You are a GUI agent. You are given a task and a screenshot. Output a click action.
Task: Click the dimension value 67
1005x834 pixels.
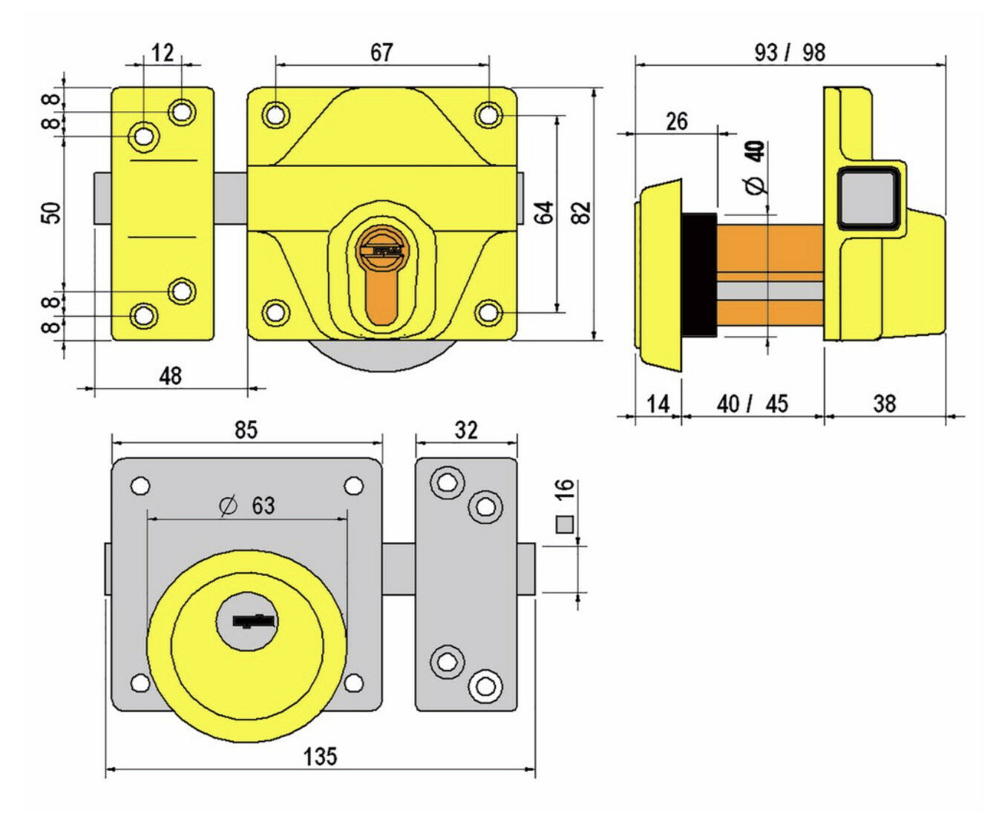pos(381,53)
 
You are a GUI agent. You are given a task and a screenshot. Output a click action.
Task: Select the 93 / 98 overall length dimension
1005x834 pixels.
pos(789,53)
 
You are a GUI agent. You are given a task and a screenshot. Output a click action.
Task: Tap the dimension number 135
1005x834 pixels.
pos(320,757)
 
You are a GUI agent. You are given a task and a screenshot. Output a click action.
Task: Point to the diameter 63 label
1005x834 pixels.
pos(248,506)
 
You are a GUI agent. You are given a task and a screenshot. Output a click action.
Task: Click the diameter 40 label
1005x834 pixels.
pos(756,167)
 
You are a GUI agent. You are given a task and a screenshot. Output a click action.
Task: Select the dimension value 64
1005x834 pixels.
pos(544,212)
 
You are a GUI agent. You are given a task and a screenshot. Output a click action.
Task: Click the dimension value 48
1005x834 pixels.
pos(170,376)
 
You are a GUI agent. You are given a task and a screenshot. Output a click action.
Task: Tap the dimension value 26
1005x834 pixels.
pos(676,121)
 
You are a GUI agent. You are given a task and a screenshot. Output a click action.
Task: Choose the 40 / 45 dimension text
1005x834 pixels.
pos(752,404)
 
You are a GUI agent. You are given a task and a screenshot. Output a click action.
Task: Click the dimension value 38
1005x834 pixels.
pos(884,404)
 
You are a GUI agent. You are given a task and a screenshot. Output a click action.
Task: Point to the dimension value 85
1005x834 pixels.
pos(246,430)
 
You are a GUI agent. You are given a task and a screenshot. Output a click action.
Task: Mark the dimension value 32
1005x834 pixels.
pos(466,430)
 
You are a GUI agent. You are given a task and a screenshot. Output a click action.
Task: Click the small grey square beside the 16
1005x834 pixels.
pos(564,525)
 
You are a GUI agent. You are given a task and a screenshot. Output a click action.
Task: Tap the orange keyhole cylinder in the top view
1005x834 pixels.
pos(382,278)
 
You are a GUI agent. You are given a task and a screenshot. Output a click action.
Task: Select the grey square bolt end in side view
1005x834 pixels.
pos(868,197)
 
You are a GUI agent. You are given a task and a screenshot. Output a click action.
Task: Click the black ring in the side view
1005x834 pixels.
pos(699,275)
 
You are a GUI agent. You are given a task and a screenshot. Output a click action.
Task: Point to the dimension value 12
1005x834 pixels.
pos(163,53)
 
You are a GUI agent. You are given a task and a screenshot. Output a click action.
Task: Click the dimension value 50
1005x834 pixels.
pos(51,213)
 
